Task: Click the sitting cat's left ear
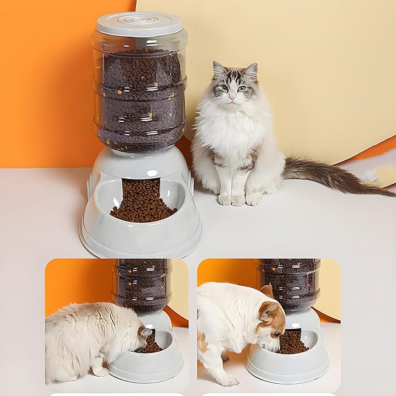220,70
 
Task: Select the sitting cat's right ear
251,71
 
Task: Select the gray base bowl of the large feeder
140,233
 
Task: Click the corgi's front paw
227,380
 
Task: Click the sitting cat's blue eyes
232,88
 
